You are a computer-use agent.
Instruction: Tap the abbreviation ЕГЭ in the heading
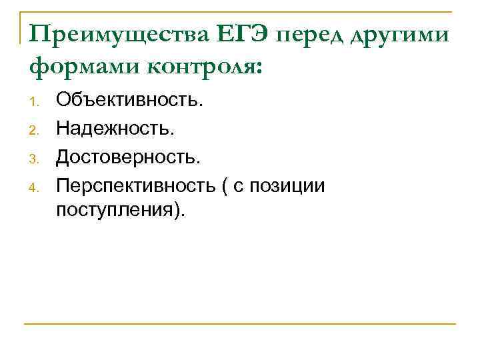(x=242, y=34)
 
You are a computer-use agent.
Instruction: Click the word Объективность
(x=127, y=101)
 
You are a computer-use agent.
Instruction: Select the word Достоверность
(x=127, y=157)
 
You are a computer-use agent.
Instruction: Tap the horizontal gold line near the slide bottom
(x=240, y=324)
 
